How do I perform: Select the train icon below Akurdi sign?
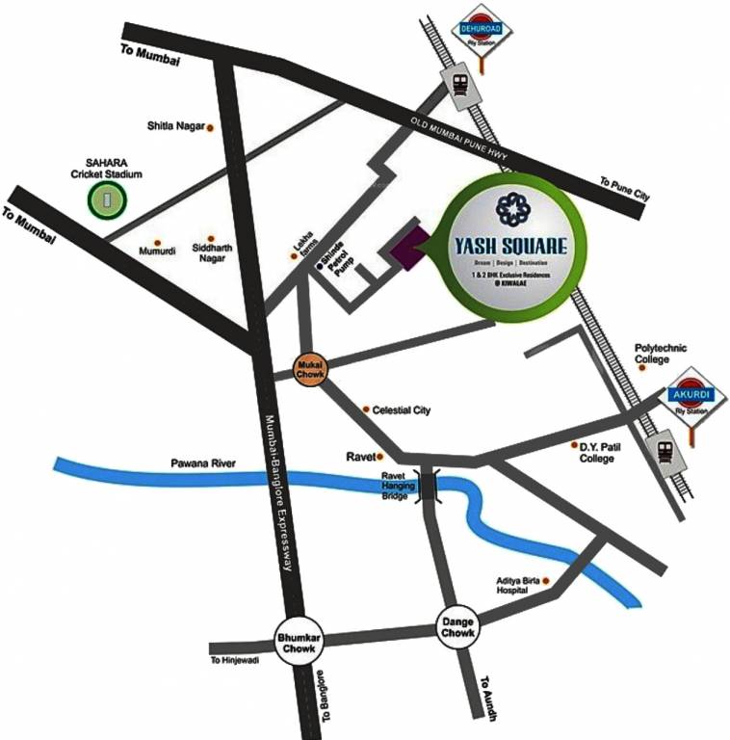pos(664,449)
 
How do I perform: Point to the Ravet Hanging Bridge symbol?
pos(427,485)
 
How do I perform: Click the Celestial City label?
pos(402,410)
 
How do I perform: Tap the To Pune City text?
pos(624,189)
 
